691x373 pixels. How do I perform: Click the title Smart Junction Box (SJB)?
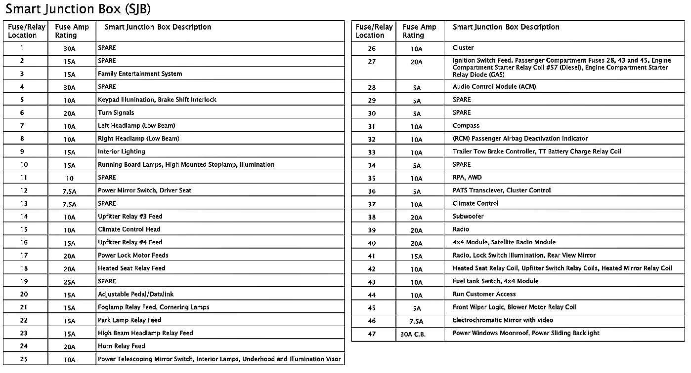point(78,9)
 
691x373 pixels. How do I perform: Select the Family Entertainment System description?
point(140,74)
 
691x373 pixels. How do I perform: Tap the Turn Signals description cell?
point(116,113)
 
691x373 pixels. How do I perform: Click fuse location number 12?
point(24,190)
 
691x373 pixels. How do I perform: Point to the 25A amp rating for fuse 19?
point(70,282)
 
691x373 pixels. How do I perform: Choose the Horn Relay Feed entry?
point(121,346)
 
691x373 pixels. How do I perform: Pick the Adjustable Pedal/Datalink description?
point(135,295)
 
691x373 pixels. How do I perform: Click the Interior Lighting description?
point(121,152)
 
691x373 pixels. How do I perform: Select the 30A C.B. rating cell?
point(413,334)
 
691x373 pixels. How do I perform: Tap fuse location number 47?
point(372,334)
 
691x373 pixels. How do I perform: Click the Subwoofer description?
point(468,217)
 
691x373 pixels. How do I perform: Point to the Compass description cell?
point(466,126)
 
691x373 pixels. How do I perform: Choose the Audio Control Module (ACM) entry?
point(494,87)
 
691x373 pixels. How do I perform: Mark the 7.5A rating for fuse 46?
point(417,321)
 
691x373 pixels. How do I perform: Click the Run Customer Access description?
point(484,295)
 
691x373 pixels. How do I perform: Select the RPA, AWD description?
point(467,178)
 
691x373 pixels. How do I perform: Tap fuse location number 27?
point(372,62)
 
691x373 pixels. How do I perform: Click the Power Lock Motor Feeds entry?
point(133,256)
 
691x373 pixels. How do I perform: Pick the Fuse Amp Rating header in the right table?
point(420,31)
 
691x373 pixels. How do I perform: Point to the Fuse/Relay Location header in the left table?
point(26,31)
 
